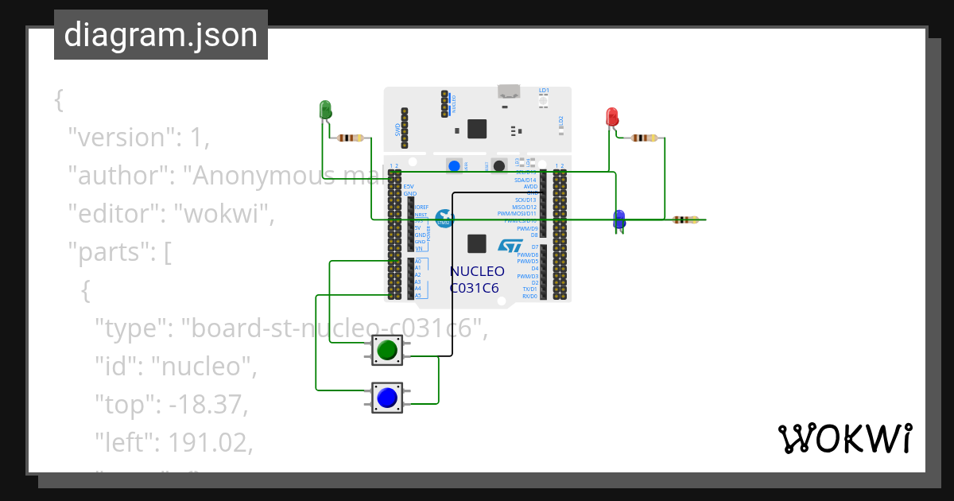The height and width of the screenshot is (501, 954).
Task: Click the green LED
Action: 325,110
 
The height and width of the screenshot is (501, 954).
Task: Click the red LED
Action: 612,117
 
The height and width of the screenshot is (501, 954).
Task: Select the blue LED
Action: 619,219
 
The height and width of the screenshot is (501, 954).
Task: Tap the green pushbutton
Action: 387,350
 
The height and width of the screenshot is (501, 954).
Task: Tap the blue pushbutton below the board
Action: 387,398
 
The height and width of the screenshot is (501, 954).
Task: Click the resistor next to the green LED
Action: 351,138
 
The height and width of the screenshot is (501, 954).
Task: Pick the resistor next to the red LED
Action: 644,138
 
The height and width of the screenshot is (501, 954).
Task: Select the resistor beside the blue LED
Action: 685,219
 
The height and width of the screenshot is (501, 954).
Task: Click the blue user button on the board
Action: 453,165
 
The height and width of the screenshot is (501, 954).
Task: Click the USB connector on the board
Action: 506,91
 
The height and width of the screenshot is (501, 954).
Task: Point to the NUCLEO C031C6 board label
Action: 476,279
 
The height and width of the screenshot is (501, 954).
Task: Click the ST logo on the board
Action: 509,247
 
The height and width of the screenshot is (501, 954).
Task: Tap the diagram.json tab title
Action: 161,36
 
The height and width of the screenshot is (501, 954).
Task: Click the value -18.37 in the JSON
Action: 207,405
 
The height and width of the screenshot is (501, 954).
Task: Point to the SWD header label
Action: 397,129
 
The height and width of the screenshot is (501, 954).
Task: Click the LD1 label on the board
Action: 544,91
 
